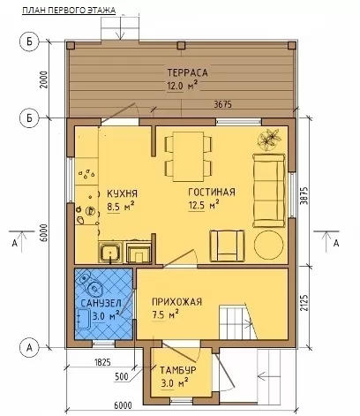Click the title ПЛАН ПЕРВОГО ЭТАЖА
coord(69,11)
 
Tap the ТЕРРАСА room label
coord(188,72)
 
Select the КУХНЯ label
coord(122,193)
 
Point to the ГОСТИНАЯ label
coord(212,192)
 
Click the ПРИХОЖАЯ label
coord(177,302)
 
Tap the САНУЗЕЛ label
coord(101,303)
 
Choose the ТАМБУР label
coord(178,370)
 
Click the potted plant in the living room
coord(268,140)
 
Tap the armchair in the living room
coord(227,246)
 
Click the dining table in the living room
coord(188,156)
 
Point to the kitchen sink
coord(110,253)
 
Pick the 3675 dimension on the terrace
coord(222,104)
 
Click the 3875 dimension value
coord(304,196)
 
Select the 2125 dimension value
coord(304,303)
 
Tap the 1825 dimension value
coord(102,362)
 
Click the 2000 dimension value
coord(44,79)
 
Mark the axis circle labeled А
coord(29,348)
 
